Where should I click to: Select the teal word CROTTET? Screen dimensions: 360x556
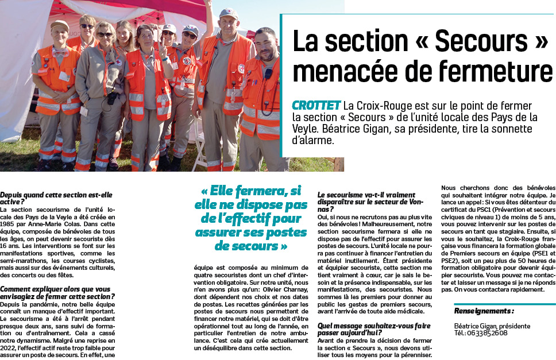[x=316, y=106]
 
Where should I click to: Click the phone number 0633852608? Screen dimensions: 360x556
[x=488, y=333]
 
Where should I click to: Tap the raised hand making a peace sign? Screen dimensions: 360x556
[x=163, y=51]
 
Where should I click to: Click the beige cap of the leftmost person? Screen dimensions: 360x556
[x=59, y=25]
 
